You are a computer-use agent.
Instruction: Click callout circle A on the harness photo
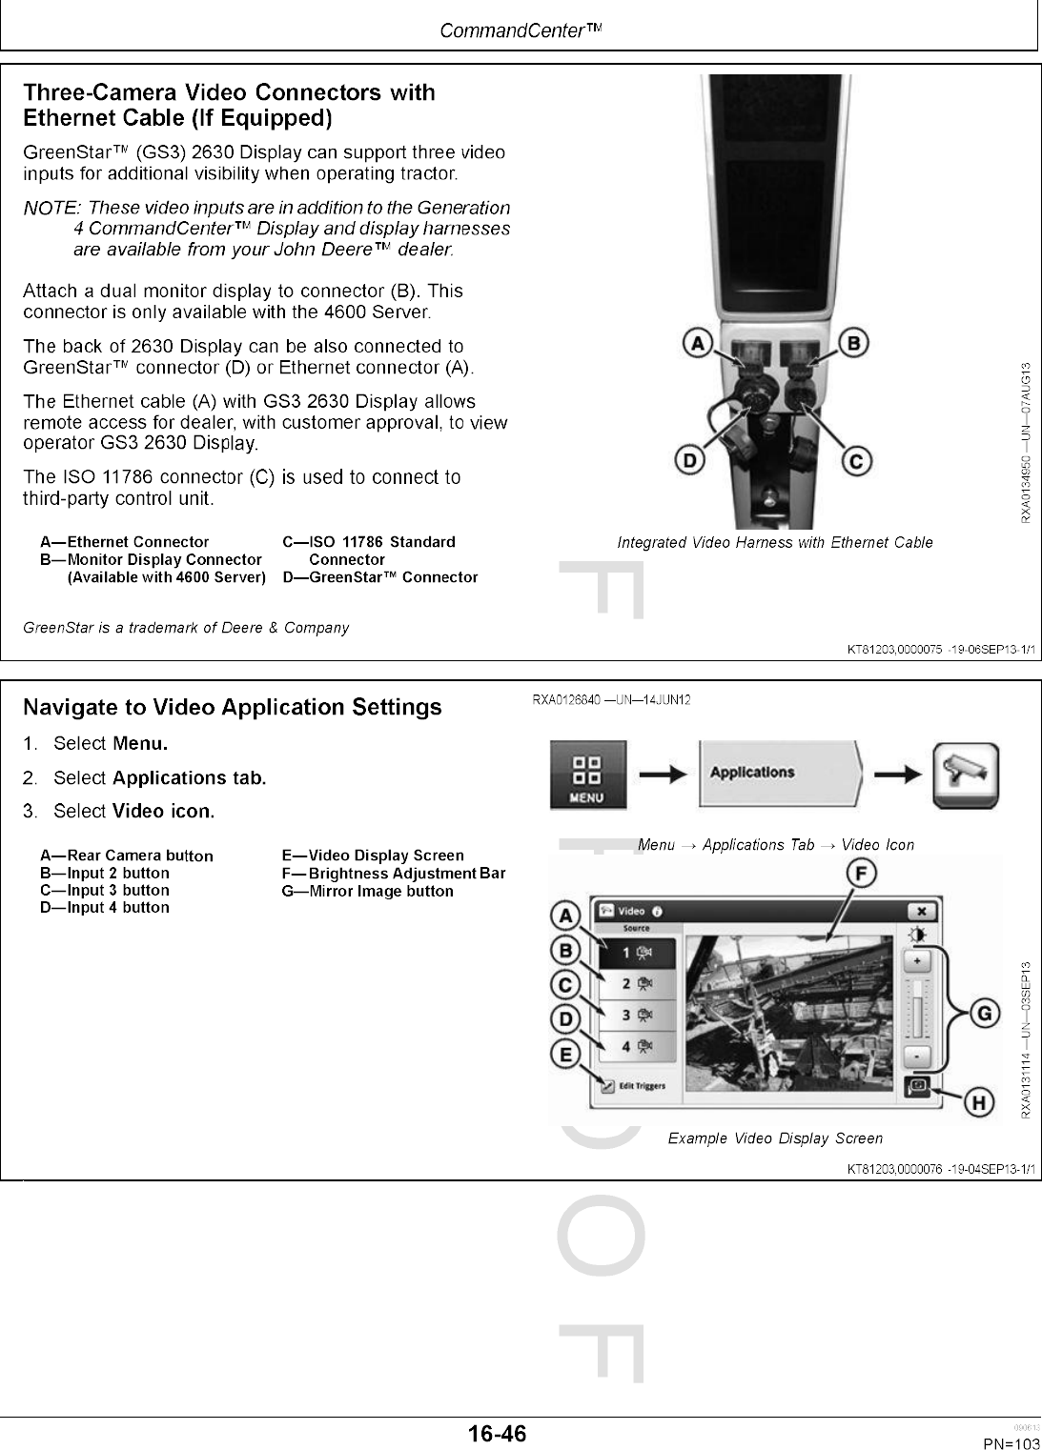click(699, 342)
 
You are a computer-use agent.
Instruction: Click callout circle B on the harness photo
click(853, 342)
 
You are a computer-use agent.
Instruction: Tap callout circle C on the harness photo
click(855, 462)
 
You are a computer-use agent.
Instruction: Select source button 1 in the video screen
click(636, 953)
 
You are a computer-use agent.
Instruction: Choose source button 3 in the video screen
click(636, 1016)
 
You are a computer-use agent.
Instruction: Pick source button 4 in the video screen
click(636, 1046)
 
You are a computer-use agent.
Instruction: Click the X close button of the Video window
click(922, 911)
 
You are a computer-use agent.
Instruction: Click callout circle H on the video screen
click(976, 1103)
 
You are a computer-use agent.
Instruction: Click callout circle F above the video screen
click(862, 874)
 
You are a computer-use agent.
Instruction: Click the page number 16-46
click(497, 1434)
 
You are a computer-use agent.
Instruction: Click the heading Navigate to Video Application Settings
click(232, 707)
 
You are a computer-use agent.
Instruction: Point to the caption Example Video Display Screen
click(775, 1138)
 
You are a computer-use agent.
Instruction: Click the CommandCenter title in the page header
click(521, 30)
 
